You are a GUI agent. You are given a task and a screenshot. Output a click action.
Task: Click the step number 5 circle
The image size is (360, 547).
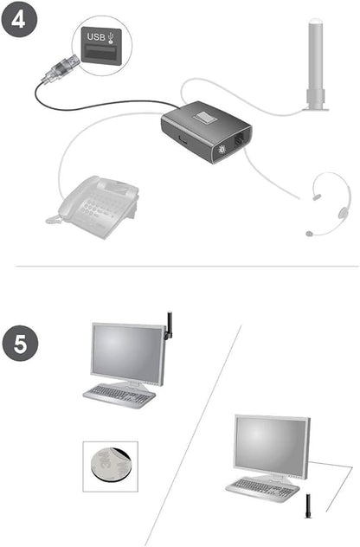21,344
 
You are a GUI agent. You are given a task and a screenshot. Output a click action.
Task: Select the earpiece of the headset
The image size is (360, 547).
343,210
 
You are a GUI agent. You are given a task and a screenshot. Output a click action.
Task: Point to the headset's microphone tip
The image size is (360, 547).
310,233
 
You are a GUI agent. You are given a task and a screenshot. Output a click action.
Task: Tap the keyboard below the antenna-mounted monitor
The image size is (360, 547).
119,395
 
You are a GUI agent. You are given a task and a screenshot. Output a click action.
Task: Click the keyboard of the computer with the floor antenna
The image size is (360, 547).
262,486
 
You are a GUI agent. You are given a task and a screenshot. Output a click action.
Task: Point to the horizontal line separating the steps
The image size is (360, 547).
180,266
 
